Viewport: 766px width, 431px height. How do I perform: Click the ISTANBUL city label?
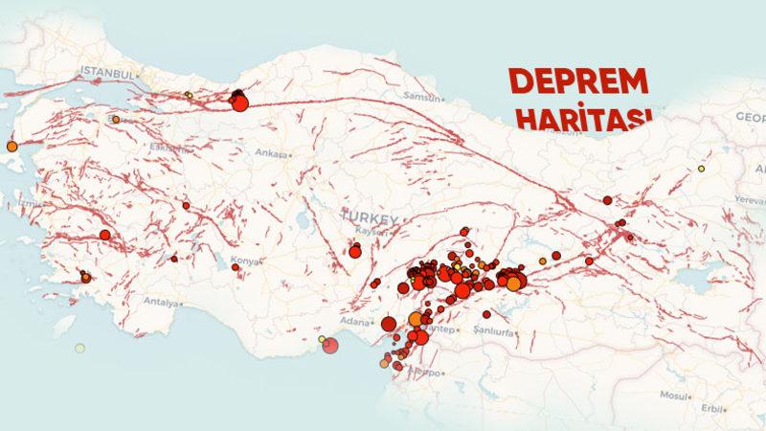pyautogui.click(x=105, y=72)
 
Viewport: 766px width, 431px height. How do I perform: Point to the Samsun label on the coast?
pyautogui.click(x=422, y=97)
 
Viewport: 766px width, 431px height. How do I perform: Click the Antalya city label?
pyautogui.click(x=160, y=303)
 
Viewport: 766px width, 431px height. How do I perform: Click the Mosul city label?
pyautogui.click(x=674, y=396)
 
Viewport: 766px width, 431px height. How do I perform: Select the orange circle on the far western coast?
pyautogui.click(x=11, y=147)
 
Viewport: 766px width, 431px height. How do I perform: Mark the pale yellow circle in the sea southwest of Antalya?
pyautogui.click(x=79, y=348)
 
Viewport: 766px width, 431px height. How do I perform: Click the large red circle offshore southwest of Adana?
pyautogui.click(x=330, y=345)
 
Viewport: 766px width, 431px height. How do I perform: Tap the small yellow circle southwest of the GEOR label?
pyautogui.click(x=701, y=169)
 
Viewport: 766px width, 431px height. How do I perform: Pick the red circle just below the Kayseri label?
pyautogui.click(x=355, y=252)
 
